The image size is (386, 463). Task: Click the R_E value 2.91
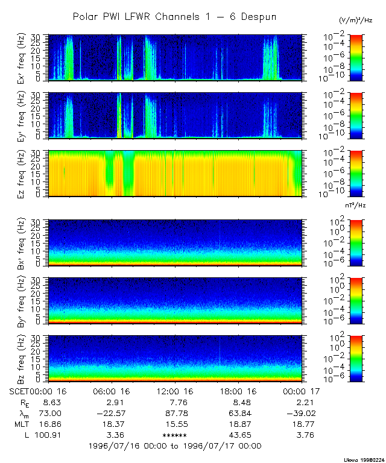pyautogui.click(x=111, y=402)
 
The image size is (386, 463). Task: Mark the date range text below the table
pyautogui.click(x=175, y=446)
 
